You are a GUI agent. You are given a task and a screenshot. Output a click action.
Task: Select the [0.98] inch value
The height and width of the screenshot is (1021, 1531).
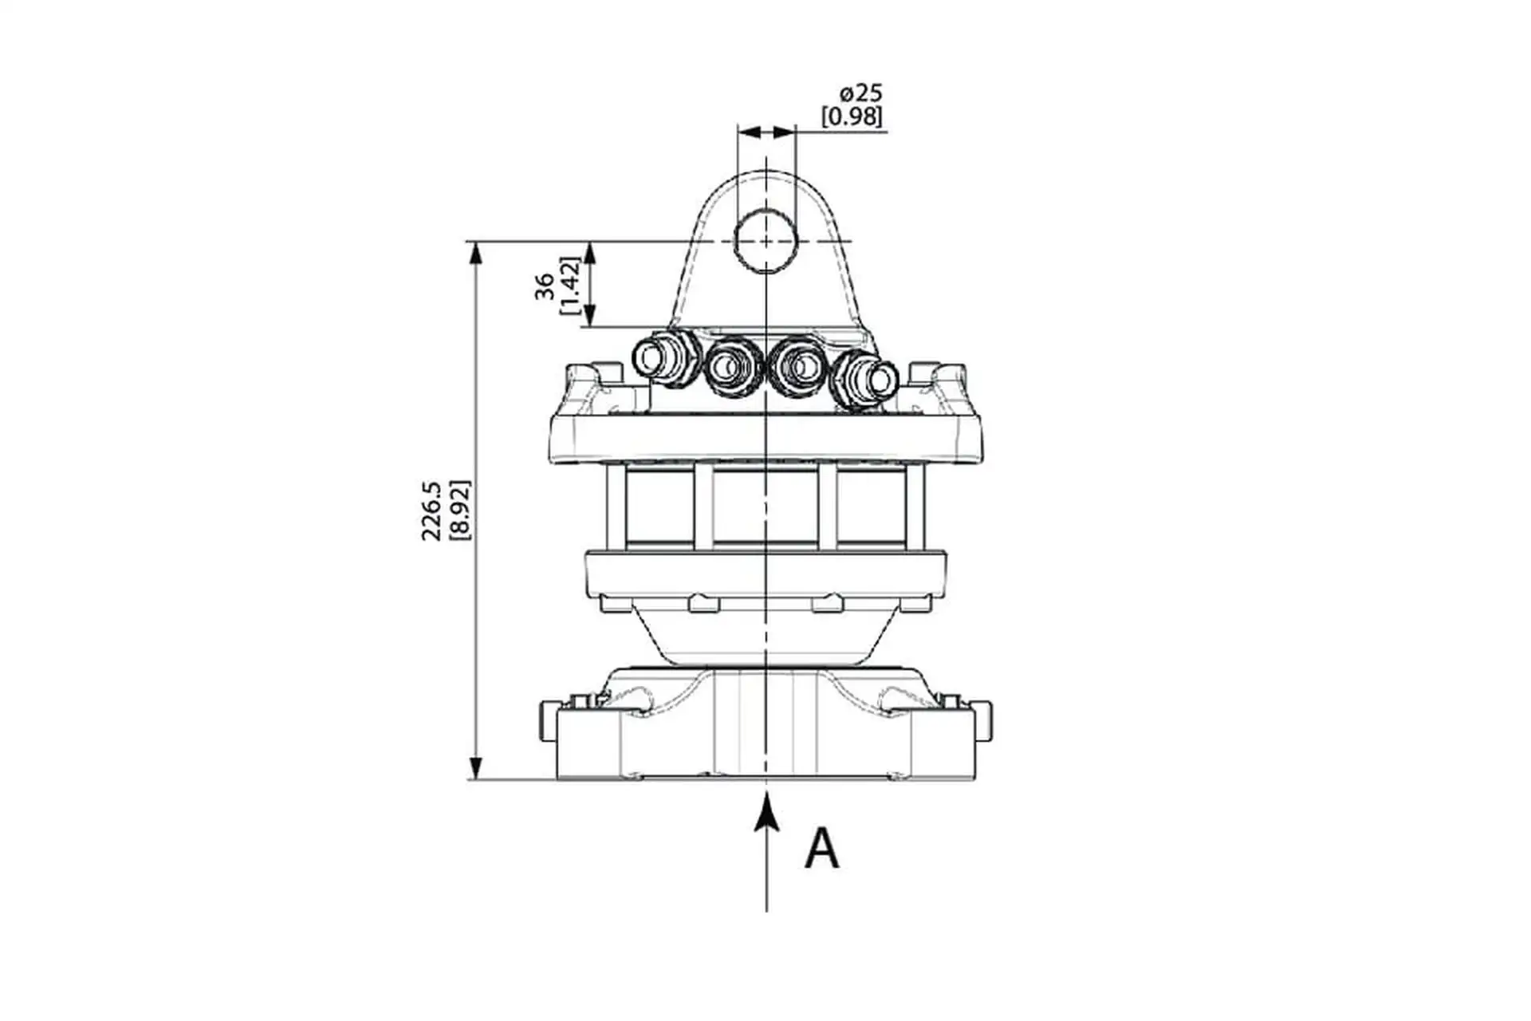coord(852,116)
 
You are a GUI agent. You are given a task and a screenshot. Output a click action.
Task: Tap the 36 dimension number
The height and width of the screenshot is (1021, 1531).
coord(545,286)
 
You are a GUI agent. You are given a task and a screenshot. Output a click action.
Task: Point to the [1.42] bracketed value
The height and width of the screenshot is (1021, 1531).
coord(569,285)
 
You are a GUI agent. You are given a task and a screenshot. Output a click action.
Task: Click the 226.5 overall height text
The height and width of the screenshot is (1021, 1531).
coord(432,510)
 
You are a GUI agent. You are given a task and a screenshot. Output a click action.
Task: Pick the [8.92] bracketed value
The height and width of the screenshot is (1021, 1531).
coord(460,510)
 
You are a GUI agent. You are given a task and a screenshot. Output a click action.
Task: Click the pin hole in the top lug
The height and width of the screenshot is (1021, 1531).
coord(765,241)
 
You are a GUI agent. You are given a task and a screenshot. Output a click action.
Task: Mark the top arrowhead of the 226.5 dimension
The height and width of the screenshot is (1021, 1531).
coord(476,254)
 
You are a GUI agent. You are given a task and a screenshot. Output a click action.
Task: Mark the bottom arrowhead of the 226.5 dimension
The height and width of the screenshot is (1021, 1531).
coord(476,767)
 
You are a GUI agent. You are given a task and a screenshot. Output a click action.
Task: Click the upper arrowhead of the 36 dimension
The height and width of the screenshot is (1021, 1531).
coord(590,254)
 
